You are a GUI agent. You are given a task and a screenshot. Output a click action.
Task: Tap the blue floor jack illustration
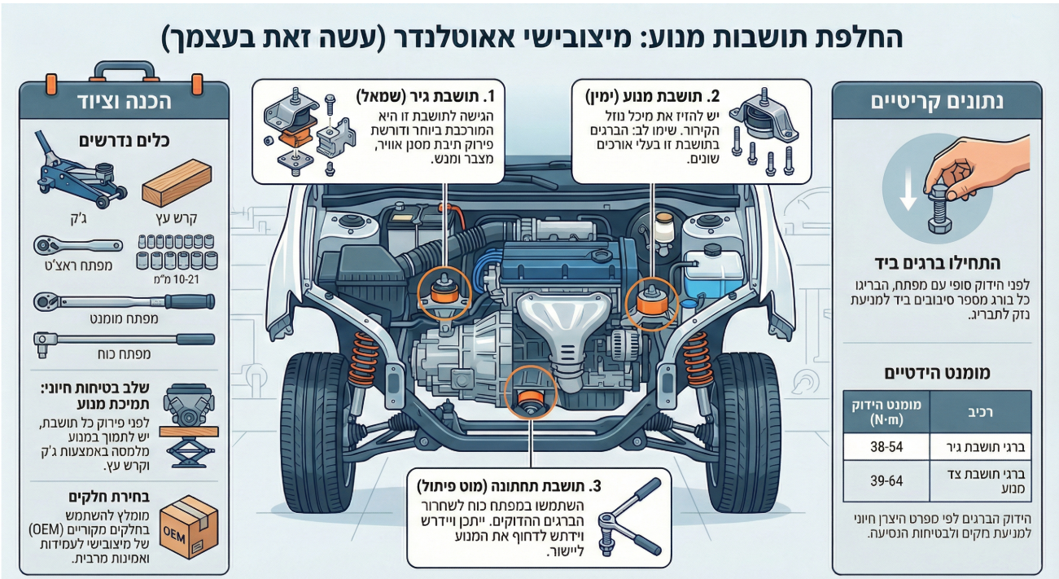click(x=80, y=170)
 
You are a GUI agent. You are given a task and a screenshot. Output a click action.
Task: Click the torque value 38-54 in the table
click(x=886, y=446)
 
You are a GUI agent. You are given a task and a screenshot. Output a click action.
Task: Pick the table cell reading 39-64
click(x=886, y=481)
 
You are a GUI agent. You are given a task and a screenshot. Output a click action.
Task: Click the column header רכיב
click(x=980, y=412)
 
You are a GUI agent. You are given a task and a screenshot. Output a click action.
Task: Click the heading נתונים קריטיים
click(x=937, y=102)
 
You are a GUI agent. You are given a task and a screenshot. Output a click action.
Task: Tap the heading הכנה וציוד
click(x=125, y=102)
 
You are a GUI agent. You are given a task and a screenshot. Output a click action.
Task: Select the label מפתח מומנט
click(x=125, y=319)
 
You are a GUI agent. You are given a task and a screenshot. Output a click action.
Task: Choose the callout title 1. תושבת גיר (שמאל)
click(x=425, y=96)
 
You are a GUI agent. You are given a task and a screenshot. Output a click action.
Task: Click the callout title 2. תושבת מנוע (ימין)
click(x=653, y=96)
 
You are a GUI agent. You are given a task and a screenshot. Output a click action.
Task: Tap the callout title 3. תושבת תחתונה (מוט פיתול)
click(x=509, y=486)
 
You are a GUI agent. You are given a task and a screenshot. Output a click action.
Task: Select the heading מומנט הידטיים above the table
click(x=937, y=373)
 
